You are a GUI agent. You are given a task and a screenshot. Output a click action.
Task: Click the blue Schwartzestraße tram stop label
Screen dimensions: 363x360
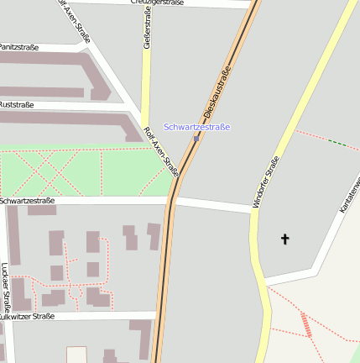[x=196, y=127]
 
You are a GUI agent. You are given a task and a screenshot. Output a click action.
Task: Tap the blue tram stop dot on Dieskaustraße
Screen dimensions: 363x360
[x=196, y=139]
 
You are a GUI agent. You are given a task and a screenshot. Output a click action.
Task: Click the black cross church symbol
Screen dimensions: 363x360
[x=284, y=239]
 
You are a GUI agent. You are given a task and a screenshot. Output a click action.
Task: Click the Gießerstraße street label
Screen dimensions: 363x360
[x=147, y=30]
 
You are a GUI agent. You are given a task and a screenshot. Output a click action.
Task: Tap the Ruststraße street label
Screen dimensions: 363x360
[x=16, y=105]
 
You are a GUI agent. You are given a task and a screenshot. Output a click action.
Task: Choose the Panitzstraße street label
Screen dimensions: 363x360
[x=18, y=47]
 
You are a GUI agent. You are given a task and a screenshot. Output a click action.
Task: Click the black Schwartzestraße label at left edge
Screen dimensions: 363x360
[x=27, y=201]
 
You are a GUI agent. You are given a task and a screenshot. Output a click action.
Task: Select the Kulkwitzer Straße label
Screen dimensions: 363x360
[x=27, y=317]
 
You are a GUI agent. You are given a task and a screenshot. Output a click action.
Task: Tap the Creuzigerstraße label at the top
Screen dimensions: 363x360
[x=157, y=3]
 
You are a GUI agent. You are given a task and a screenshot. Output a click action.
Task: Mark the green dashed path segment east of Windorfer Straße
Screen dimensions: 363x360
[x=337, y=143]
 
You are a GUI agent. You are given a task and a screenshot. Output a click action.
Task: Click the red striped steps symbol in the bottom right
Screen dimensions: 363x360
[x=306, y=324]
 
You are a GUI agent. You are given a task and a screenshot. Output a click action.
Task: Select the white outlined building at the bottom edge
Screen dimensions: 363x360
[x=76, y=355]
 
